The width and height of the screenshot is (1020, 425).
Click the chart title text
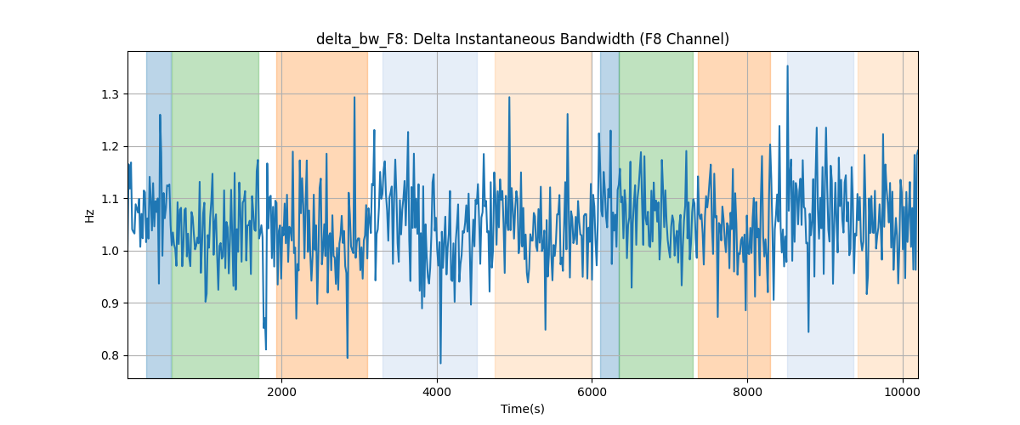click(522, 39)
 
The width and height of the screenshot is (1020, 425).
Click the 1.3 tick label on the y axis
click(110, 94)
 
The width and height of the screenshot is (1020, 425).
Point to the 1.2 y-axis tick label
click(110, 147)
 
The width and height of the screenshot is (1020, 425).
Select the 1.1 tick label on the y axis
click(110, 199)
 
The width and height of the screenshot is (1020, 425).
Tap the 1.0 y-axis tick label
click(110, 251)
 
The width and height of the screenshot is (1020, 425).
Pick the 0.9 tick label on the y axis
click(110, 303)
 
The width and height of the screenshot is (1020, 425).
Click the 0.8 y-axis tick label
click(110, 356)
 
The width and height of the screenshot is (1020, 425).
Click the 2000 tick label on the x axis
click(282, 392)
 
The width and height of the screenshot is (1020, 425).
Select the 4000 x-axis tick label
click(437, 392)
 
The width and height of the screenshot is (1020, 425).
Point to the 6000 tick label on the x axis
click(592, 392)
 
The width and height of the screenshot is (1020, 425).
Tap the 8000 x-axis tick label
click(747, 392)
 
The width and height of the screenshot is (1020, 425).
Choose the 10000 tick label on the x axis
click(903, 392)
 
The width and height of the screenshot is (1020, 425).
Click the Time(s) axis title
click(522, 409)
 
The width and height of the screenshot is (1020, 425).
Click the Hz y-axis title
click(90, 216)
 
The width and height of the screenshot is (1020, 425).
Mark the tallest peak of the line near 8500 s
click(787, 66)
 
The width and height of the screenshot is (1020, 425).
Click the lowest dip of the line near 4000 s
click(440, 363)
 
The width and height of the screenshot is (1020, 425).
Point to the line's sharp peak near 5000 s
click(509, 97)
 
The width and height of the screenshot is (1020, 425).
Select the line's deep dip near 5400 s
click(545, 329)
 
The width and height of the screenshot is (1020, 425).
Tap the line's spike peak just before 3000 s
click(354, 97)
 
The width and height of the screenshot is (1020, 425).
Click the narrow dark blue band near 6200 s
click(609, 215)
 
